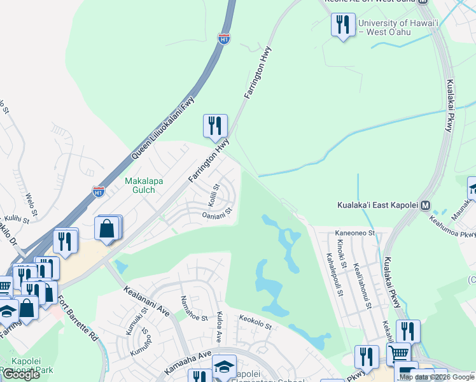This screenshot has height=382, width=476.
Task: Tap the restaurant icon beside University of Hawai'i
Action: click(x=342, y=25)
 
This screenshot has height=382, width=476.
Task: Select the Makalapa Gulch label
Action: click(x=144, y=185)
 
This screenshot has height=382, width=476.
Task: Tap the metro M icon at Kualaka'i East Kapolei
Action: click(x=426, y=205)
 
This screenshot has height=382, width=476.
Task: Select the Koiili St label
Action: click(x=213, y=195)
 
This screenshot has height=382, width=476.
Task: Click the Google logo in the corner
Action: click(x=21, y=374)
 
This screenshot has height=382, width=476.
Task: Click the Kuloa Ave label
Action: click(x=220, y=325)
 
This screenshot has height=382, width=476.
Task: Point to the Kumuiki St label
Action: click(x=139, y=324)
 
